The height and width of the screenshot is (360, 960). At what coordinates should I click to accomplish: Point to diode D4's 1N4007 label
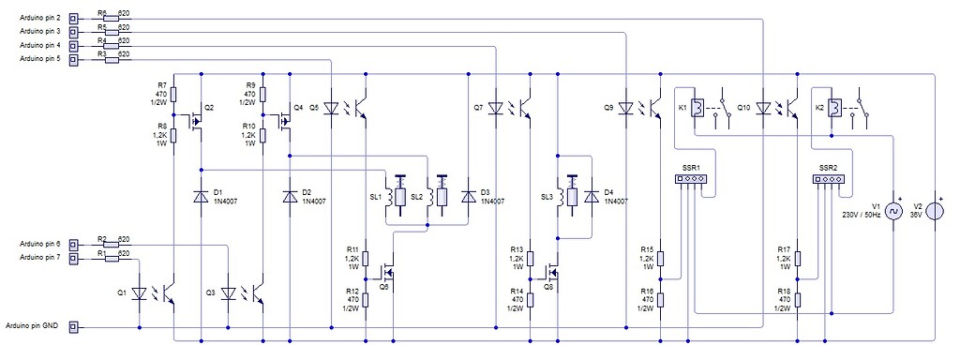pyautogui.click(x=616, y=202)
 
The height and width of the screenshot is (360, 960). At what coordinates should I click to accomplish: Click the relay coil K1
pyautogui.click(x=696, y=109)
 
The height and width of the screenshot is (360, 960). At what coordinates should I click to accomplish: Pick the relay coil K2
pyautogui.click(x=832, y=109)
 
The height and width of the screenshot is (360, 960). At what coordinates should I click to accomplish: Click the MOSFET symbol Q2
pyautogui.click(x=197, y=121)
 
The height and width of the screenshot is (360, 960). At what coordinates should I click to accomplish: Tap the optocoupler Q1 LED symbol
pyautogui.click(x=140, y=293)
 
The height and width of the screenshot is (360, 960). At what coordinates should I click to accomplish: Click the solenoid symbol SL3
pyautogui.click(x=566, y=197)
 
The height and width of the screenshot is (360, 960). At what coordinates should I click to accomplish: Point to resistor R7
pyautogui.click(x=174, y=94)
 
